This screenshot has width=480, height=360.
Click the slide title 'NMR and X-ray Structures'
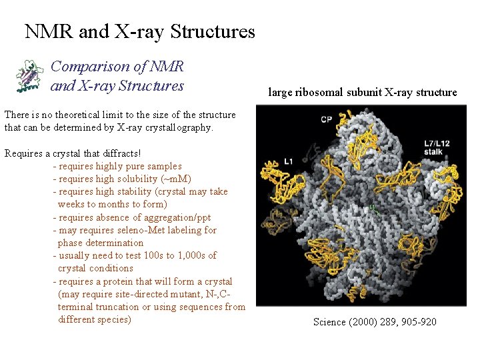click(x=139, y=31)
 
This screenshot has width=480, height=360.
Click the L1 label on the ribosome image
click(x=289, y=161)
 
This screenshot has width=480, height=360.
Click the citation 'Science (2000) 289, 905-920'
click(x=375, y=322)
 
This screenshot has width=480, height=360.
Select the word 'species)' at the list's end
click(x=113, y=319)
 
